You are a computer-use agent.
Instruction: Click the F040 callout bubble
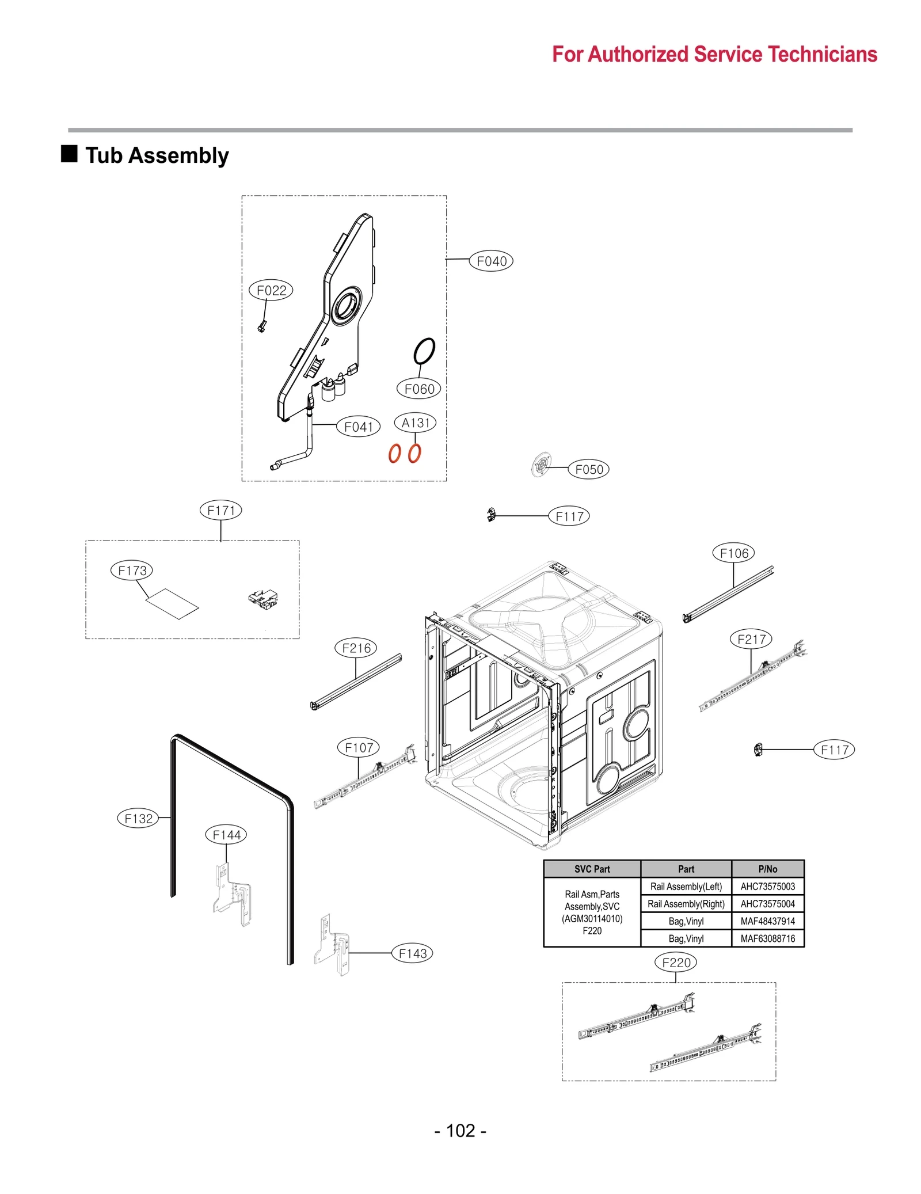pos(491,261)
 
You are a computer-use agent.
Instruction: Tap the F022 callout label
pos(271,290)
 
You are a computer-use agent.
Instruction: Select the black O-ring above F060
pos(424,351)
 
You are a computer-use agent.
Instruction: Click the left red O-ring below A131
pos(394,454)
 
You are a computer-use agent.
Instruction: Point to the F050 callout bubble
pos(588,469)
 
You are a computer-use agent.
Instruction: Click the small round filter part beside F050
pos(541,464)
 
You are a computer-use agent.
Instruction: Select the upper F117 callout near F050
pos(569,516)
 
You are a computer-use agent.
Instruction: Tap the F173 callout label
pos(132,571)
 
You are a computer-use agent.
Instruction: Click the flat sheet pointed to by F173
pos(172,603)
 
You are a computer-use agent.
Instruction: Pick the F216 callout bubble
pos(356,648)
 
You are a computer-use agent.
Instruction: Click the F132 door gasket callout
pos(138,818)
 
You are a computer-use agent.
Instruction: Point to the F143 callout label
pos(412,953)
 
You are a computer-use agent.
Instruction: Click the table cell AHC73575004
pos(767,904)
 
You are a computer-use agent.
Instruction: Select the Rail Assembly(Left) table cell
pos(686,887)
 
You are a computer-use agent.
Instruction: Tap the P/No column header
pos(767,869)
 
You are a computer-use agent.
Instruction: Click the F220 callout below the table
pos(676,963)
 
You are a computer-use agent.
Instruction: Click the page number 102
pos(461,1131)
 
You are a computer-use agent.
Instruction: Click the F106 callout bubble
pos(733,553)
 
